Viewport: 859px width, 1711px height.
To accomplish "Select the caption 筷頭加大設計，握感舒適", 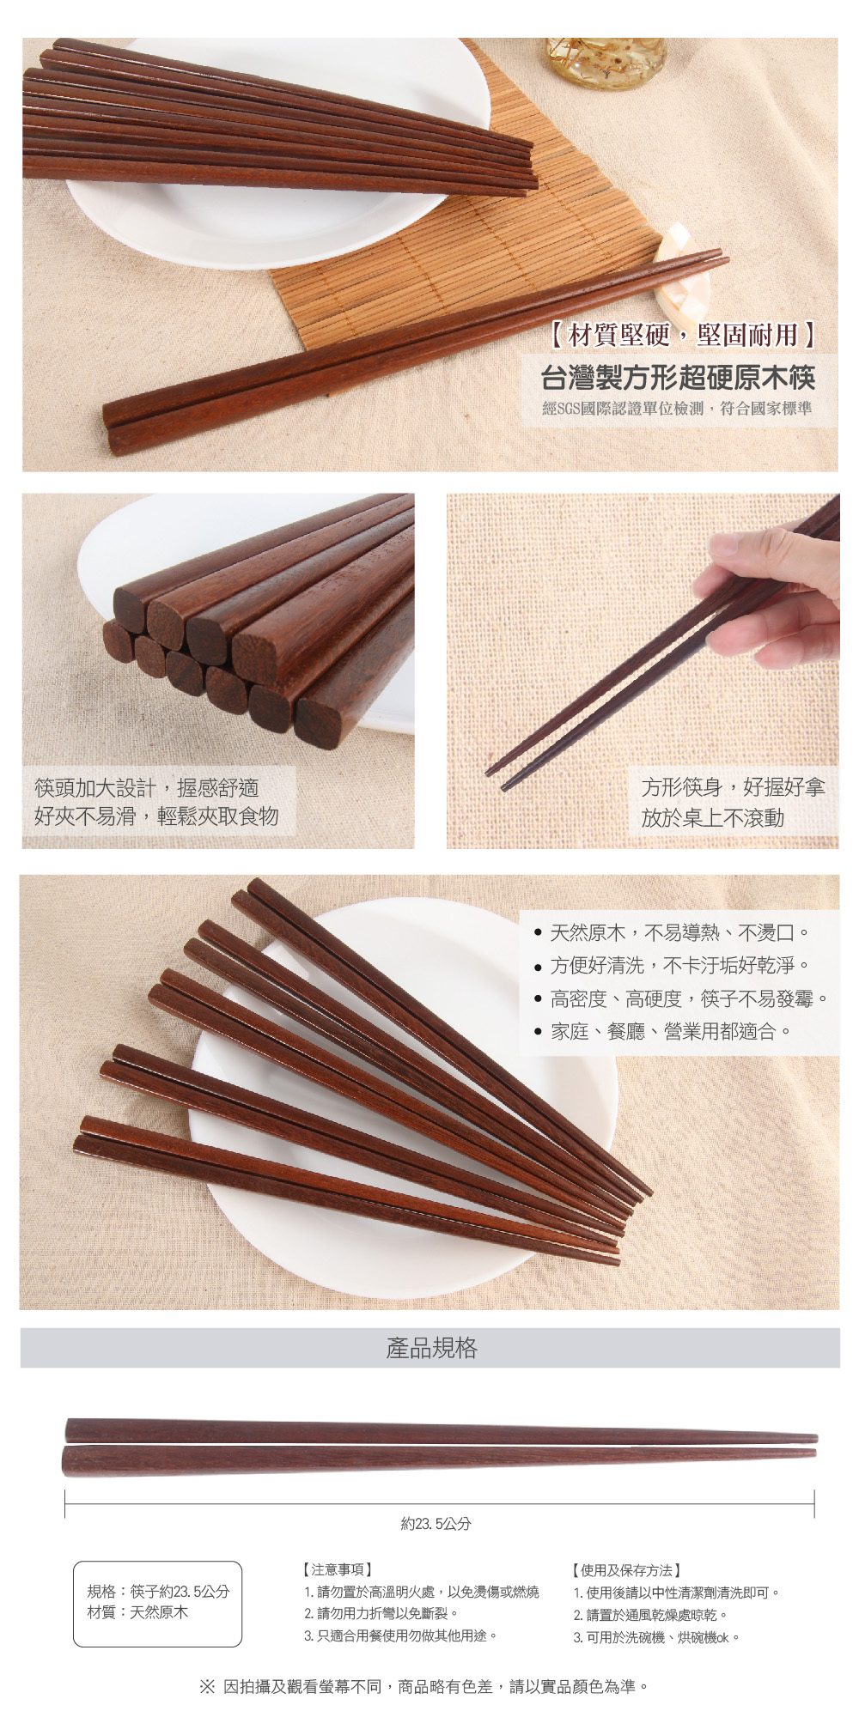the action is [146, 788].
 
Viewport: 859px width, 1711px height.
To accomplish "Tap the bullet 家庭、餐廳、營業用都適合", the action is [662, 1030].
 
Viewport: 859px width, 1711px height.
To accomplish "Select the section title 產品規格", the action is [431, 1348].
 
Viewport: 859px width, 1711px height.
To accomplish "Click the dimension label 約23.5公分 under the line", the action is [436, 1524].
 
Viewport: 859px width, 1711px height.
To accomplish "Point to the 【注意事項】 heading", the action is [337, 1569].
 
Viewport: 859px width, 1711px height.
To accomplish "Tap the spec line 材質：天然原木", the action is [137, 1611].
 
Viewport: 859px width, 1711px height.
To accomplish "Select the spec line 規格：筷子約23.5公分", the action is [159, 1591].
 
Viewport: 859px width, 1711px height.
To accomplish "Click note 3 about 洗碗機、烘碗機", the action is [657, 1637].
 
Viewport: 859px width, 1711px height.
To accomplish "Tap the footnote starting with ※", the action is [424, 1687].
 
